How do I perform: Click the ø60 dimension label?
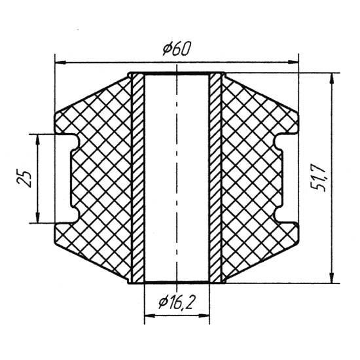[x=176, y=49]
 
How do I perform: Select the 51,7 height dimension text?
[x=319, y=179]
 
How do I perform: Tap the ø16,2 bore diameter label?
[x=176, y=302]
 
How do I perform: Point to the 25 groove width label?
[x=24, y=179]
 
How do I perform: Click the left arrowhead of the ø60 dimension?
[x=60, y=62]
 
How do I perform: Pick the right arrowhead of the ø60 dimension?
[x=293, y=62]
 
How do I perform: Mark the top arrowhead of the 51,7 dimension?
[x=331, y=79]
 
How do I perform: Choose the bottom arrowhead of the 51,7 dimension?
[x=331, y=278]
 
